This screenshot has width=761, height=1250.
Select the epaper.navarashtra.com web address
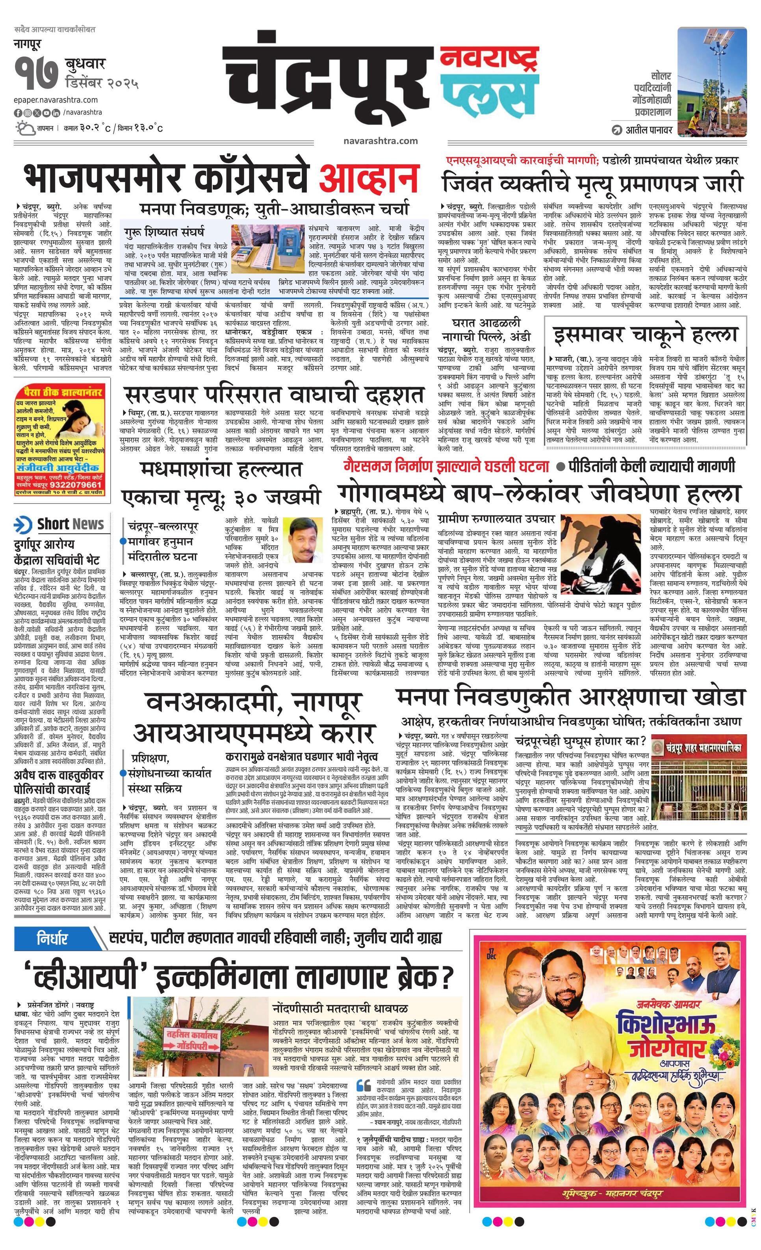click(56, 100)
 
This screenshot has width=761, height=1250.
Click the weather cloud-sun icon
click(24, 127)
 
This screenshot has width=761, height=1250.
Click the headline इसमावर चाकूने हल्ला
click(645, 335)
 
